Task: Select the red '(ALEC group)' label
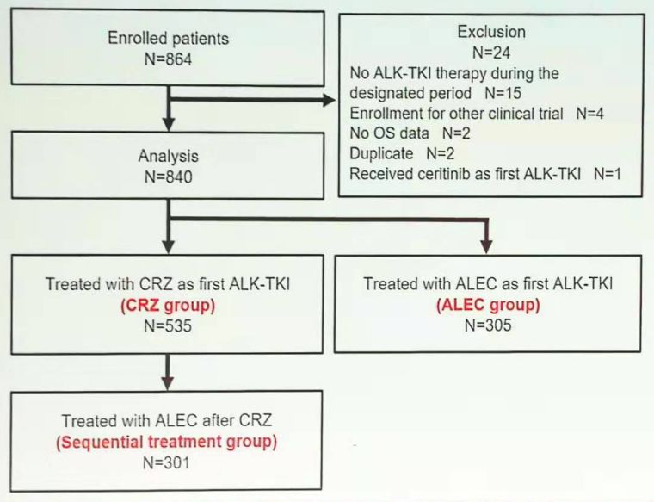point(489,306)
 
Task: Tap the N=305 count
point(489,325)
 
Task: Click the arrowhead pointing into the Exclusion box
point(329,101)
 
